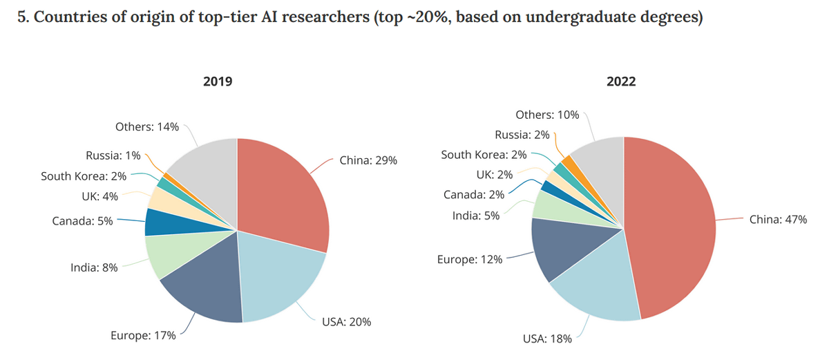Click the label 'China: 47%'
click(x=778, y=220)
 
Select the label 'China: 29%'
click(x=368, y=160)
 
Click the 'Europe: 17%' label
click(x=143, y=336)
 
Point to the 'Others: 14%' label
click(x=147, y=126)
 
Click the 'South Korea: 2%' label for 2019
click(x=84, y=176)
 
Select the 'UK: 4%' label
click(x=99, y=196)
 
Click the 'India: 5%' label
click(x=477, y=216)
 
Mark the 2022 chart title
click(x=621, y=81)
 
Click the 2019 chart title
click(x=218, y=81)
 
